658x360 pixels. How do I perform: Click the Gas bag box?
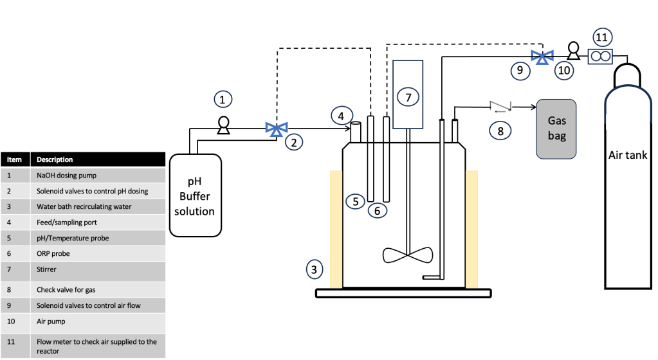pyautogui.click(x=556, y=129)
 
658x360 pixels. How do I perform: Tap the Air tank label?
pyautogui.click(x=628, y=155)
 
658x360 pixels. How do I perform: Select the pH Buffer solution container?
pyautogui.click(x=195, y=195)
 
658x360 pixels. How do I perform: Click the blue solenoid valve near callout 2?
pyautogui.click(x=277, y=129)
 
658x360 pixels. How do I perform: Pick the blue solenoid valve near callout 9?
pyautogui.click(x=542, y=57)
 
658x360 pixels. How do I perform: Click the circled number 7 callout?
pyautogui.click(x=408, y=97)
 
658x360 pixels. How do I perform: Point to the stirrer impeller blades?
pyautogui.click(x=408, y=255)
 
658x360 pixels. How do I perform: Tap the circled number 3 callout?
pyautogui.click(x=315, y=269)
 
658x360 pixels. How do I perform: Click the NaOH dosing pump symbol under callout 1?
pyautogui.click(x=223, y=125)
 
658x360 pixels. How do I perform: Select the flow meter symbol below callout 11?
pyautogui.click(x=600, y=56)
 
